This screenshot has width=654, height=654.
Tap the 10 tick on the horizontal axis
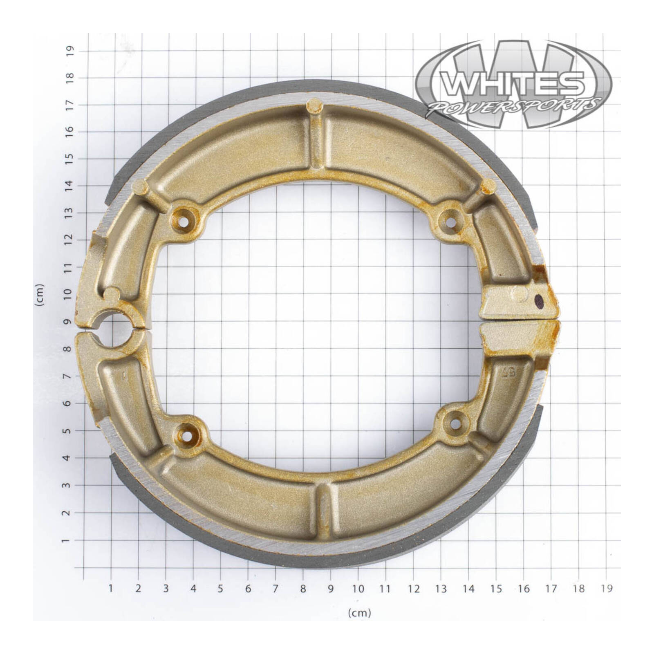coord(358,589)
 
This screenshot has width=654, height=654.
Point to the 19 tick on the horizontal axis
coord(607,589)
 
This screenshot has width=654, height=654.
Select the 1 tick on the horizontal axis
coord(110,589)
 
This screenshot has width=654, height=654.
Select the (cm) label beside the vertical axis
coord(40,295)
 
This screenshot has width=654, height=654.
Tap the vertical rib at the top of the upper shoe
coord(316,135)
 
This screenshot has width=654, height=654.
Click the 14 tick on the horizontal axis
coord(468,589)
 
